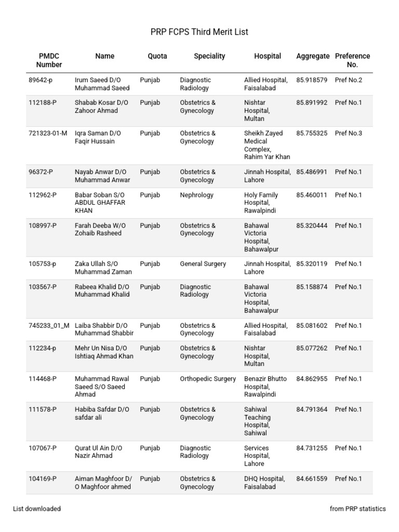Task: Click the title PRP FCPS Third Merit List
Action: point(199,32)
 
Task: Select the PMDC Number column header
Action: point(49,60)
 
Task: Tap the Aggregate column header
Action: point(313,56)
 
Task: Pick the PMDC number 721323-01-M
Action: point(48,134)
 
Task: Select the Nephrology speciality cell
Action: point(196,195)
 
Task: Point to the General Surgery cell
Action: point(203,264)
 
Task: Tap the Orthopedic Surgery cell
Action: point(208,379)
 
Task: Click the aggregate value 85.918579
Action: point(312,80)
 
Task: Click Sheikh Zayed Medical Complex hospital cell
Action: point(267,145)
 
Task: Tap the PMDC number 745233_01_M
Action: point(49,326)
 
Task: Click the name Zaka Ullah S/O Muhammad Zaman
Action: point(103,268)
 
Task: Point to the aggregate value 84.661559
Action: point(312,479)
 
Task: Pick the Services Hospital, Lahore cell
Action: point(257,456)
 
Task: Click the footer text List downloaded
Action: point(37,509)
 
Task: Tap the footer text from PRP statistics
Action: point(357,509)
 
